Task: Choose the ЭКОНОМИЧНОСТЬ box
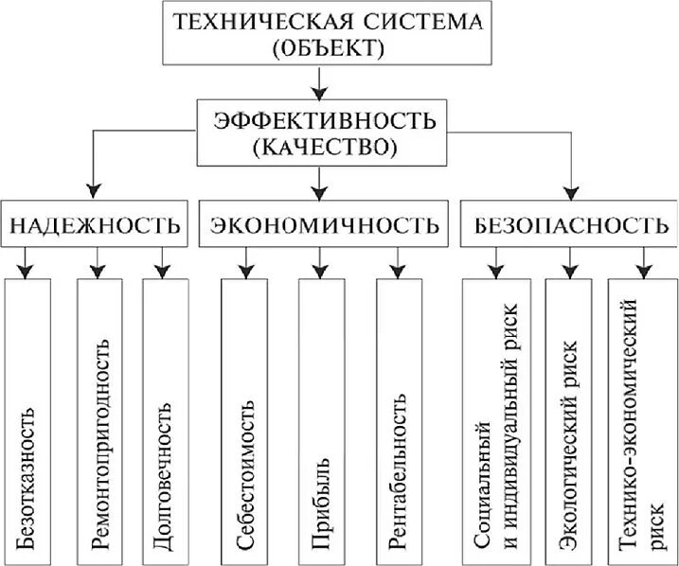[321, 224]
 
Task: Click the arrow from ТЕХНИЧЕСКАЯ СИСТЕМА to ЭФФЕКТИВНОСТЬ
[321, 84]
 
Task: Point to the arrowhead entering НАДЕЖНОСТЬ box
[92, 190]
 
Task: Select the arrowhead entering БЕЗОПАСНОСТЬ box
[569, 190]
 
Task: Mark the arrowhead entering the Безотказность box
[28, 272]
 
